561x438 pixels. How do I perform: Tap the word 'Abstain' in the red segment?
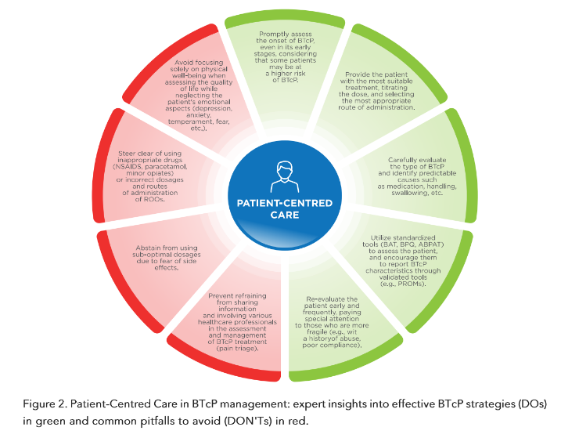point(149,248)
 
